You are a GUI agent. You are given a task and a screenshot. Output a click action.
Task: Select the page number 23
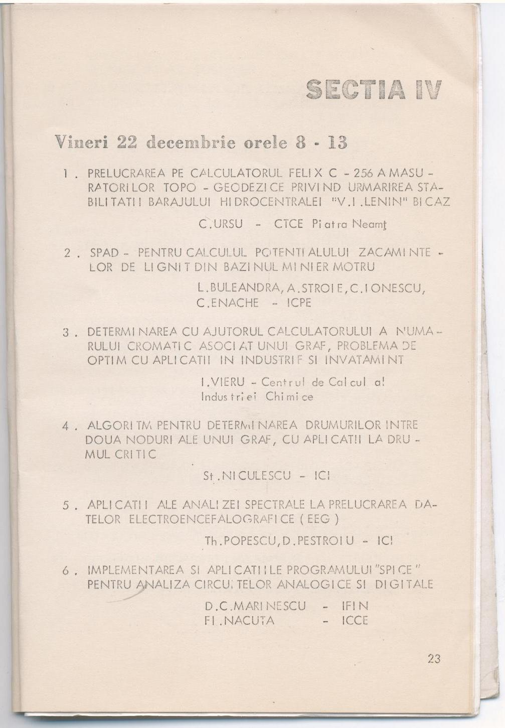(434, 659)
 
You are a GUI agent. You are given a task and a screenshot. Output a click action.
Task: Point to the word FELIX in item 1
(306, 174)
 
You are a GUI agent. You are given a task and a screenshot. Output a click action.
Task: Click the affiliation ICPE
(299, 303)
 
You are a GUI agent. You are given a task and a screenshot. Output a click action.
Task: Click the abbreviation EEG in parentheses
(316, 519)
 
